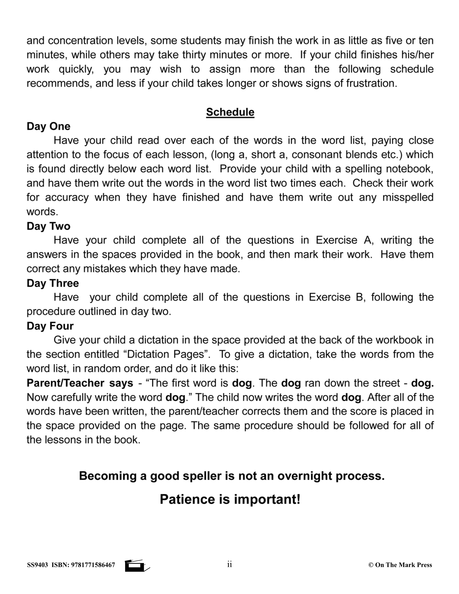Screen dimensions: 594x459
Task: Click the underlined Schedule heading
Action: (230, 112)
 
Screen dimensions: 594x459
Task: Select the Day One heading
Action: (48, 126)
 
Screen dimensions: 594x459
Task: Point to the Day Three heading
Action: (53, 283)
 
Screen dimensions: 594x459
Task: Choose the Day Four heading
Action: (50, 326)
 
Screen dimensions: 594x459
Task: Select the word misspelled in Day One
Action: (408, 197)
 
